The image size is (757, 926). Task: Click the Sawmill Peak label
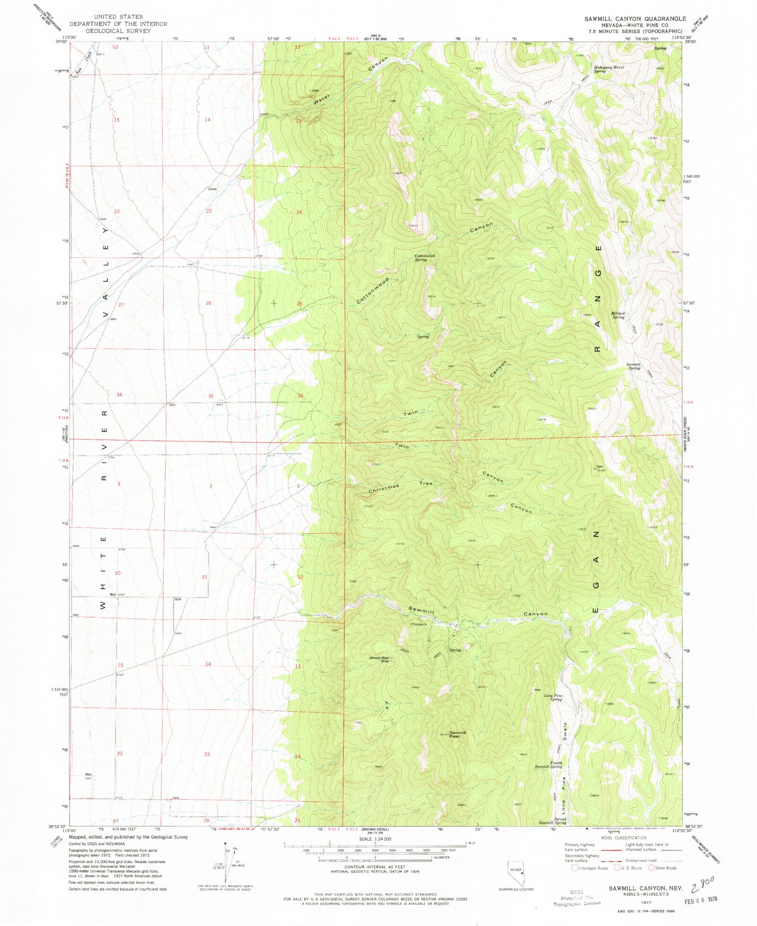click(458, 734)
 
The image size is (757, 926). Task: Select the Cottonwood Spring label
click(424, 257)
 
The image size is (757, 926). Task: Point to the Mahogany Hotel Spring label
click(609, 69)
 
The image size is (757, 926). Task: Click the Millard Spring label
click(618, 315)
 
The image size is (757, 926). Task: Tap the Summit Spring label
click(634, 366)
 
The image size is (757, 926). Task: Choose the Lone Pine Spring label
click(553, 697)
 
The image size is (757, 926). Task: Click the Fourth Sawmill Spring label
click(549, 765)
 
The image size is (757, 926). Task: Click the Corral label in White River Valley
click(212, 189)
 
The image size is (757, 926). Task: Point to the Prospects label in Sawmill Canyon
click(419, 624)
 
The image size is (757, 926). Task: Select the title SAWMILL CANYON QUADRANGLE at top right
click(634, 18)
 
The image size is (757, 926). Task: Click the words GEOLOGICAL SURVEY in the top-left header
click(118, 31)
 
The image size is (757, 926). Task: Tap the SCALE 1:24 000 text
click(375, 838)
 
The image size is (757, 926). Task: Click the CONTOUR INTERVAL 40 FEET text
click(375, 867)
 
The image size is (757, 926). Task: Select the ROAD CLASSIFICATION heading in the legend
click(624, 838)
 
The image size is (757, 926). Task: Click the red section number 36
click(300, 396)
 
